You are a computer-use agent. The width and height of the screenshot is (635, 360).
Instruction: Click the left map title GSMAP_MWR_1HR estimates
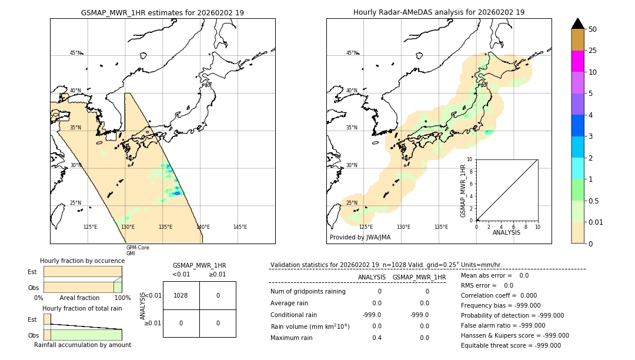coord(162,12)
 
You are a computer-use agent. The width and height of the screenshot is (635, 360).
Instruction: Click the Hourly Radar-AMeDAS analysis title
coord(439,12)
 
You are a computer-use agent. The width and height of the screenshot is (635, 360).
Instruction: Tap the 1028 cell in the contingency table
coord(181,295)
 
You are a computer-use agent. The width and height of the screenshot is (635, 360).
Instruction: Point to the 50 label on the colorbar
coord(593,29)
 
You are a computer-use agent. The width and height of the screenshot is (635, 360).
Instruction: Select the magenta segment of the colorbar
coord(577,61)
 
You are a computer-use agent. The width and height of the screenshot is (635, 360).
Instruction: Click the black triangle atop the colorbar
coord(577,24)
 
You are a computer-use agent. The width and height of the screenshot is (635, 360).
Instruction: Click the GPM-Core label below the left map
coord(138,248)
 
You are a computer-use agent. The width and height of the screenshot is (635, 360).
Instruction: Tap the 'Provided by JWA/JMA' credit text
coord(360,237)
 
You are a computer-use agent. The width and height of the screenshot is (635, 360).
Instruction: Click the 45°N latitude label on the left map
coord(76,53)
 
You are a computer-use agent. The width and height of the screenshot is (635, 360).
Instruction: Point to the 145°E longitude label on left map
coord(240,227)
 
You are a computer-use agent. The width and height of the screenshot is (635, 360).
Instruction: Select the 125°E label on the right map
coord(366,227)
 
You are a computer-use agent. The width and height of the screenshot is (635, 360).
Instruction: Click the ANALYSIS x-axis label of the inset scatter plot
coord(507,233)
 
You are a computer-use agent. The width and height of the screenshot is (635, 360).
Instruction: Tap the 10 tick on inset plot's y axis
coord(470,159)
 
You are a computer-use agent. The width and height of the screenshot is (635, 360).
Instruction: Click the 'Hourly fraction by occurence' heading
coord(82,261)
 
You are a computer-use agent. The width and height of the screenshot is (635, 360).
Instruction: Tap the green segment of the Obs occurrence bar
coord(118,287)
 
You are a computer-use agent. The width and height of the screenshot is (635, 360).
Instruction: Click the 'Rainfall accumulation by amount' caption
coord(82,345)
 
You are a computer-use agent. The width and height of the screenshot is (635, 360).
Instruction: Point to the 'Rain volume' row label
coord(310,326)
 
